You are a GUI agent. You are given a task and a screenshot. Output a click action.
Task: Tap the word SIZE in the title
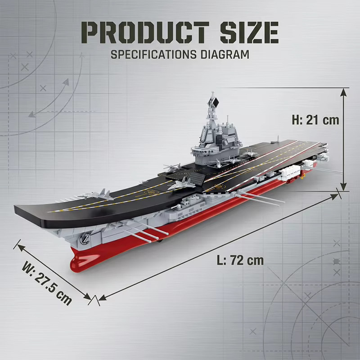pyautogui.click(x=249, y=32)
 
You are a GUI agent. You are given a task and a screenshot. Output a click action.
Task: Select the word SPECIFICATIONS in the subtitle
pyautogui.click(x=153, y=54)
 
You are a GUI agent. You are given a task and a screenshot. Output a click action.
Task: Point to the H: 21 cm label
pyautogui.click(x=315, y=120)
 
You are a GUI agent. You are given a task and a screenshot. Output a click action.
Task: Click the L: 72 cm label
pyautogui.click(x=240, y=260)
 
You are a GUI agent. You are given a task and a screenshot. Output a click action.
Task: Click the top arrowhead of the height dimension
pyautogui.click(x=343, y=93)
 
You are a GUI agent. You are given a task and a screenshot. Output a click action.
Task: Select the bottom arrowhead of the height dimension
pyautogui.click(x=343, y=186)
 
